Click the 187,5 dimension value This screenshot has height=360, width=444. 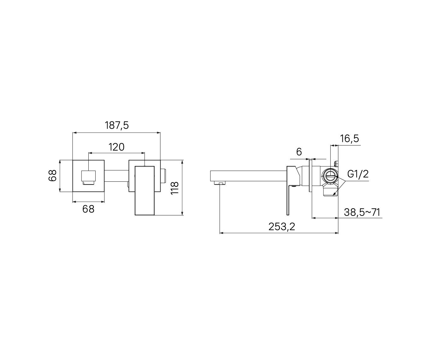[x=116, y=126]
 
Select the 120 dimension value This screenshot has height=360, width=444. [x=116, y=147]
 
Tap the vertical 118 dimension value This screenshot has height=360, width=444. [x=175, y=188]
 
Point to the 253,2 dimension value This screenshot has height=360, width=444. [x=281, y=227]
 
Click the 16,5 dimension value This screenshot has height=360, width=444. [x=349, y=139]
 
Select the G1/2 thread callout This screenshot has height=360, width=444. [x=358, y=174]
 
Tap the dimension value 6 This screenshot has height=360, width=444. [x=299, y=152]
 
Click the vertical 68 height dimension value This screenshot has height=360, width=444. [x=52, y=176]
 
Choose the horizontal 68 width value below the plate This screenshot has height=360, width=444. [x=88, y=209]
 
